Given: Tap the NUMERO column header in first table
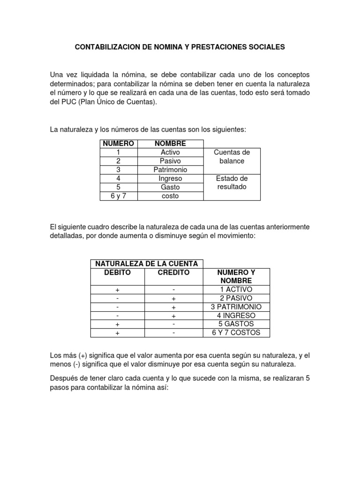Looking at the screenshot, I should (119, 143).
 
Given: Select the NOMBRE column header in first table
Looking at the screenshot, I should (170, 143).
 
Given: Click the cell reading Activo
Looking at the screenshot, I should (170, 152).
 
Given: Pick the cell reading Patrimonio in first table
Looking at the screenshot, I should (170, 170).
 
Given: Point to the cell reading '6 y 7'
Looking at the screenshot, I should (119, 196).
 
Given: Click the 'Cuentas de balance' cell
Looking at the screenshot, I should (232, 157).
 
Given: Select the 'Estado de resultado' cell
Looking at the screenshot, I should (232, 183).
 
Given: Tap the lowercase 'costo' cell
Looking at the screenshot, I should (170, 196).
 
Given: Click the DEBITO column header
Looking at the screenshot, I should (118, 272).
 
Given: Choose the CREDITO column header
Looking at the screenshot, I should (173, 272).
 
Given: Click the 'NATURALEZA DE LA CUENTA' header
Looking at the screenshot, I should (147, 264).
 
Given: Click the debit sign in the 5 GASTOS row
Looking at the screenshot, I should (118, 324).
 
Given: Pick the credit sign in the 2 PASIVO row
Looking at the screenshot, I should (173, 299).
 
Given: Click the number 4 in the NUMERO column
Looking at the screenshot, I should (119, 179).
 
